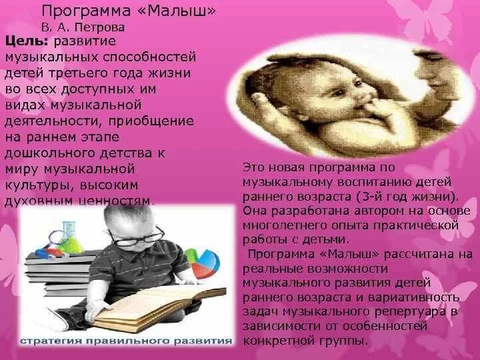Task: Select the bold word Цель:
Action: coord(23,42)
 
